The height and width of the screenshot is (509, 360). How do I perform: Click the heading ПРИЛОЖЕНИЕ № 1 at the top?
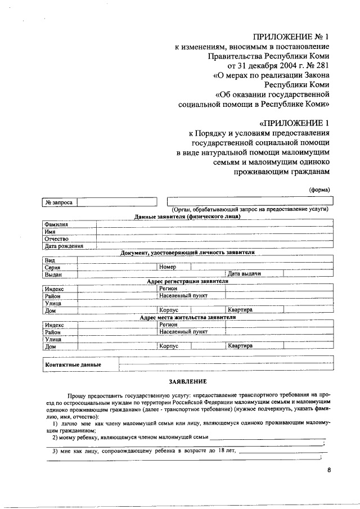pyautogui.click(x=291, y=37)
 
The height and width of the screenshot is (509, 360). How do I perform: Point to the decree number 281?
pyautogui.click(x=321, y=65)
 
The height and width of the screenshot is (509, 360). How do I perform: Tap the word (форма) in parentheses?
pyautogui.click(x=319, y=189)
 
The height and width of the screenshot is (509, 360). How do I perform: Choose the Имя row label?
pyautogui.click(x=51, y=231)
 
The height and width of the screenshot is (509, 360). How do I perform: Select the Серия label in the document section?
pyautogui.click(x=53, y=267)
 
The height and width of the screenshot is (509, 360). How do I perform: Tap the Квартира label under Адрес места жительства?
pyautogui.click(x=240, y=346)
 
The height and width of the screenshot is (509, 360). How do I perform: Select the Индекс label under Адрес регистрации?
pyautogui.click(x=55, y=289)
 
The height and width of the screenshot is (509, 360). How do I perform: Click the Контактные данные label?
pyautogui.click(x=73, y=364)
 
